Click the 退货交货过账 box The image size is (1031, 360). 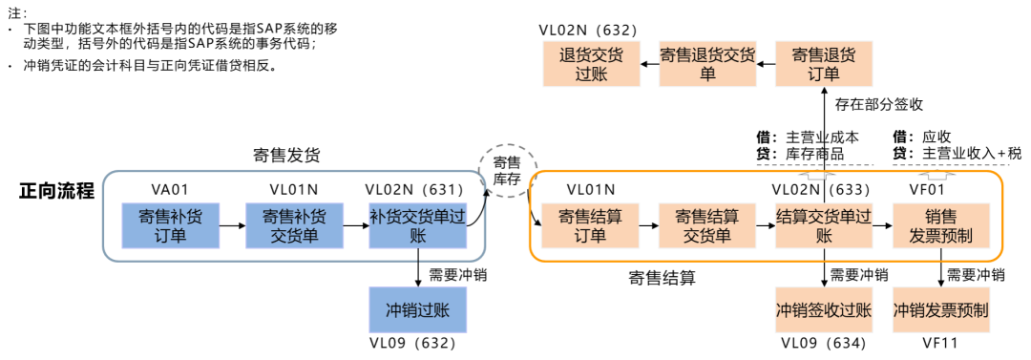point(591,64)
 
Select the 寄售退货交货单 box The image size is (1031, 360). point(707,64)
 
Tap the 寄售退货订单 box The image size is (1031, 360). point(824,64)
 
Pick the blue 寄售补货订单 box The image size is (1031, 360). point(171,225)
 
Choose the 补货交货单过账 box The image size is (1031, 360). point(417,225)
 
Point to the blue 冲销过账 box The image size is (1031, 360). point(417,310)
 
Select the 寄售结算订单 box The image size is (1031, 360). point(591,225)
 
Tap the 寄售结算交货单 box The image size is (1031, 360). point(707,225)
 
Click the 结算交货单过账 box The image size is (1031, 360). point(824,225)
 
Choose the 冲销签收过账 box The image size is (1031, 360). point(824,310)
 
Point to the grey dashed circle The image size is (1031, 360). point(508,171)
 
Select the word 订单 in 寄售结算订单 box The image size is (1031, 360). point(591,236)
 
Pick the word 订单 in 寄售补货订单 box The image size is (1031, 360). point(171,236)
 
